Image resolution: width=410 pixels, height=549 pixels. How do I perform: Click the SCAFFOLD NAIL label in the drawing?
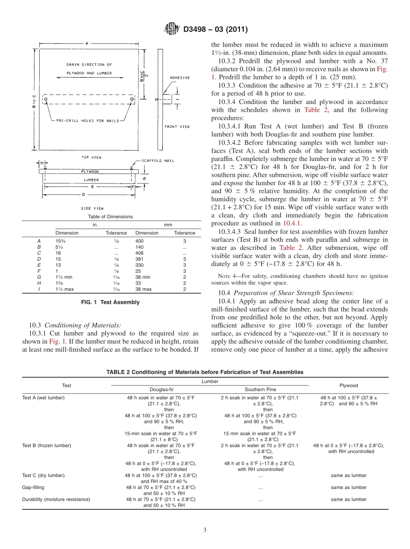pyautogui.click(x=158, y=161)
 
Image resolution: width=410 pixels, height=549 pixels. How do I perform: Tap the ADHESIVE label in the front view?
pyautogui.click(x=180, y=78)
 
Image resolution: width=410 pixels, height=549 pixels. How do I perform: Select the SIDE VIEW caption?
pyautogui.click(x=91, y=208)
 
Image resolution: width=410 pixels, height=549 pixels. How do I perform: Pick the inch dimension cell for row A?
pyautogui.click(x=60, y=240)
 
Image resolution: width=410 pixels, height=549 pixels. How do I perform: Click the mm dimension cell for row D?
pyautogui.click(x=139, y=259)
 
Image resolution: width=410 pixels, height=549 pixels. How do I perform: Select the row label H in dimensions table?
pyautogui.click(x=39, y=283)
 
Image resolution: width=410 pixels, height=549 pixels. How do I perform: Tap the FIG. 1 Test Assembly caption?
pyautogui.click(x=110, y=302)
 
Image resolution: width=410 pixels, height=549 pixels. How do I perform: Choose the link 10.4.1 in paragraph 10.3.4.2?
pyautogui.click(x=292, y=223)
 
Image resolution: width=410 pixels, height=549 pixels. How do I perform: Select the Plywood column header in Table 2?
pyautogui.click(x=349, y=385)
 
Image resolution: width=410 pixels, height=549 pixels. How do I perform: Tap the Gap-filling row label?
pyautogui.click(x=33, y=487)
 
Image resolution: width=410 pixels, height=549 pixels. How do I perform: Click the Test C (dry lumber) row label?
pyautogui.click(x=43, y=475)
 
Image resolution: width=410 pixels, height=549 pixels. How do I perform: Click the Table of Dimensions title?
pyautogui.click(x=110, y=217)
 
